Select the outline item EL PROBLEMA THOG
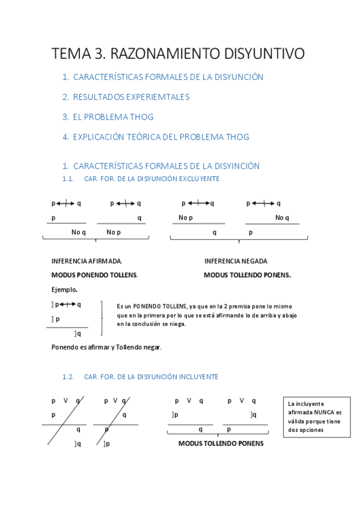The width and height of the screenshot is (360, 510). click(x=113, y=117)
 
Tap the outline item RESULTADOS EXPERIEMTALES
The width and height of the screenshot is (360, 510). click(x=131, y=97)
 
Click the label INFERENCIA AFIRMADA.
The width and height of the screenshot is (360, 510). click(x=87, y=261)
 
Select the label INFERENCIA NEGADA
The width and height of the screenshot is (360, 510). click(x=236, y=261)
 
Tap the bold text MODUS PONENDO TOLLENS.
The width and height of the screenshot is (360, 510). click(x=94, y=275)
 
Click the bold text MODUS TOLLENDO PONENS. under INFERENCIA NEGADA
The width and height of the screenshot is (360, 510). click(x=247, y=275)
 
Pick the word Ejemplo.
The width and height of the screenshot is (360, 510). click(x=64, y=289)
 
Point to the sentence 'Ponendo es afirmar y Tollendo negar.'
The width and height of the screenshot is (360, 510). click(x=106, y=347)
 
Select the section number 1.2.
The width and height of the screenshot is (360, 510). click(x=68, y=376)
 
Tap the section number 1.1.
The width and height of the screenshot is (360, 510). click(x=68, y=179)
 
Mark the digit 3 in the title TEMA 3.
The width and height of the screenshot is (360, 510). click(x=99, y=54)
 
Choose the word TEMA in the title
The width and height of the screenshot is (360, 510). click(x=70, y=54)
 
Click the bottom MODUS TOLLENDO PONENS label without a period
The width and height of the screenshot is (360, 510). click(x=221, y=443)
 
